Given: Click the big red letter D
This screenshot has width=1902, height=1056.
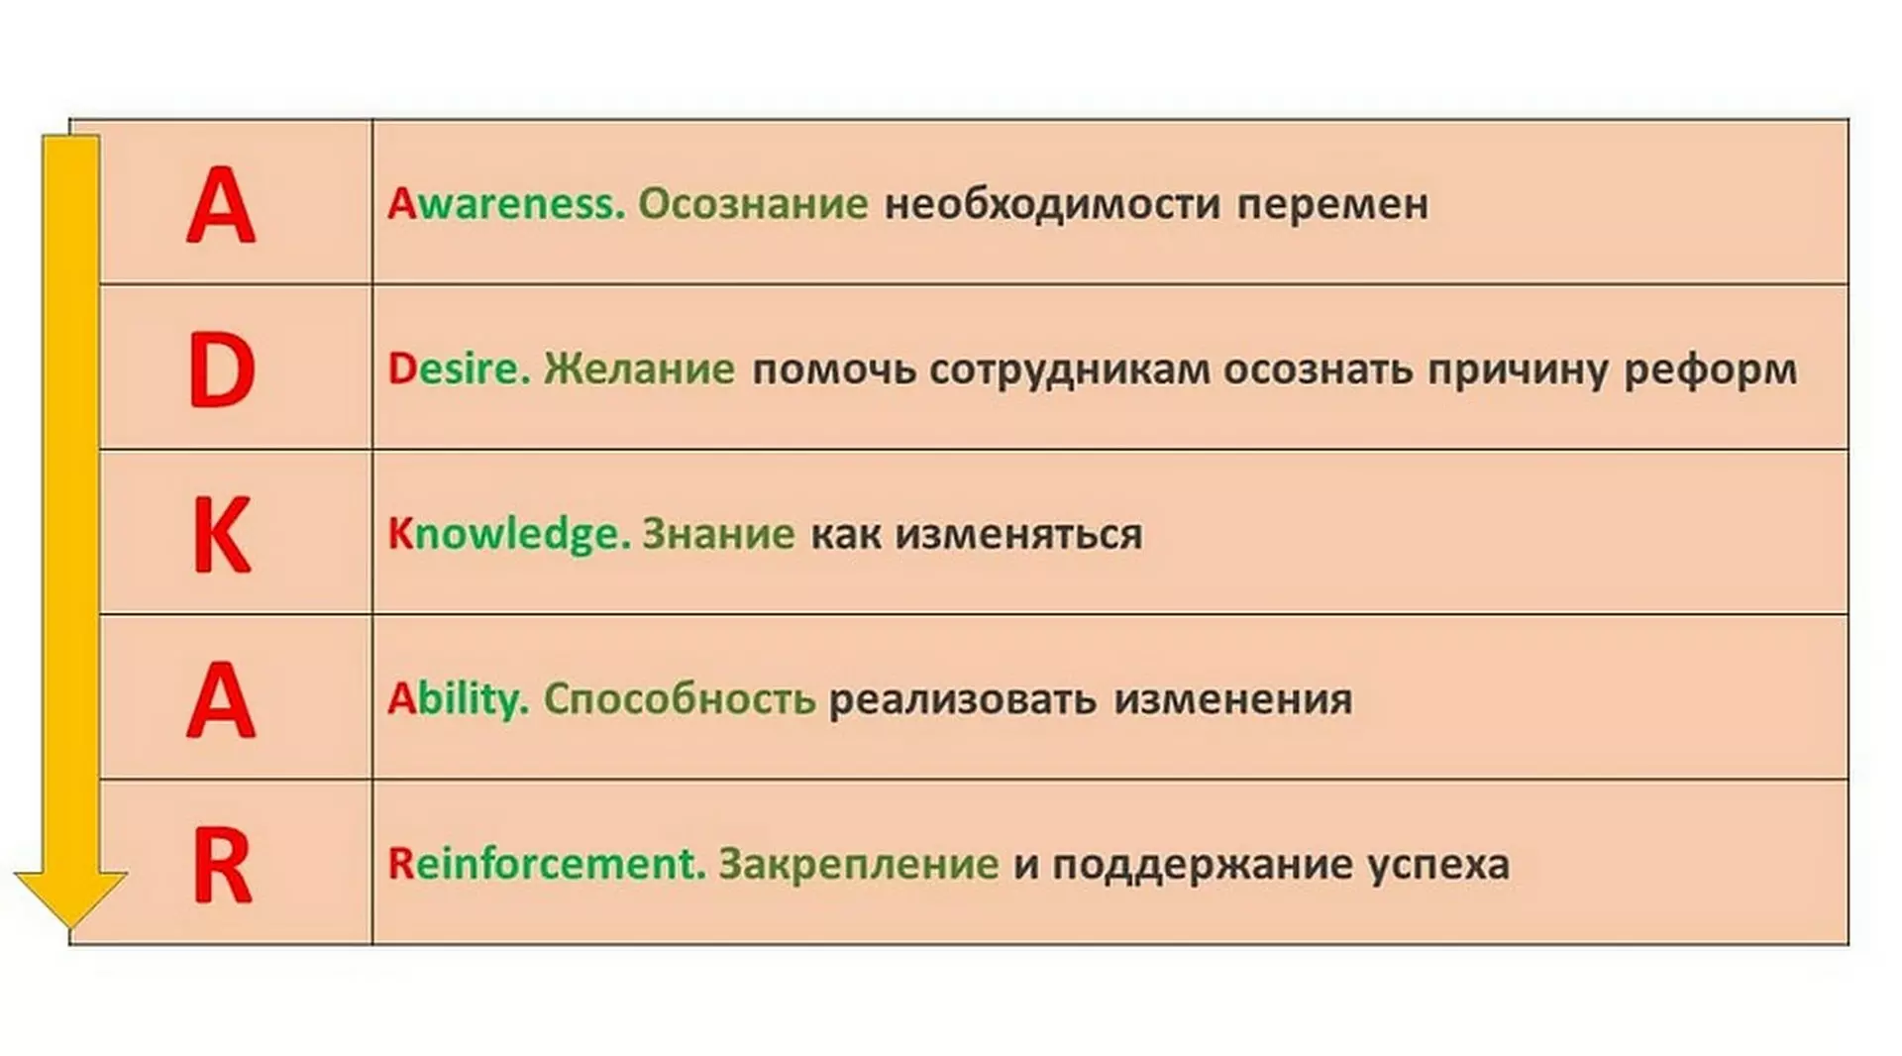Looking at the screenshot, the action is [222, 370].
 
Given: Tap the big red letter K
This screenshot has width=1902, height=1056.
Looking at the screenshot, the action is [221, 535].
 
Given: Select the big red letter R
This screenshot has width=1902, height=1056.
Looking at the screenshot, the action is [222, 866].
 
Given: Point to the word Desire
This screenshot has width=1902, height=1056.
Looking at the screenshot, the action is [460, 369].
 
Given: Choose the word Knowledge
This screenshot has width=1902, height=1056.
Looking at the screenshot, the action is [509, 534].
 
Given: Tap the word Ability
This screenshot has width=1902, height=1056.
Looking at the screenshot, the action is [458, 699].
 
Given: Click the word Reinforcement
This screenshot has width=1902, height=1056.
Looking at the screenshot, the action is [547, 864].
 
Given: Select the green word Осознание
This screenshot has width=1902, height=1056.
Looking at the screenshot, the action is [753, 203].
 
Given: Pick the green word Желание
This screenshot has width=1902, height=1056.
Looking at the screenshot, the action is [640, 369].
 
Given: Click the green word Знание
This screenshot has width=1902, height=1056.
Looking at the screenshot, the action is [718, 534].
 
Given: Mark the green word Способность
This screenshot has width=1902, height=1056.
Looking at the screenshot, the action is [680, 699].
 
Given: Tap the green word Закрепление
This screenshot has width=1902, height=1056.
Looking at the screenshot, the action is [859, 864].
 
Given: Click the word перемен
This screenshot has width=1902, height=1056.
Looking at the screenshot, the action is [1333, 205].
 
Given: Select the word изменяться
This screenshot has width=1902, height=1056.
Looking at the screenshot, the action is [1019, 535].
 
